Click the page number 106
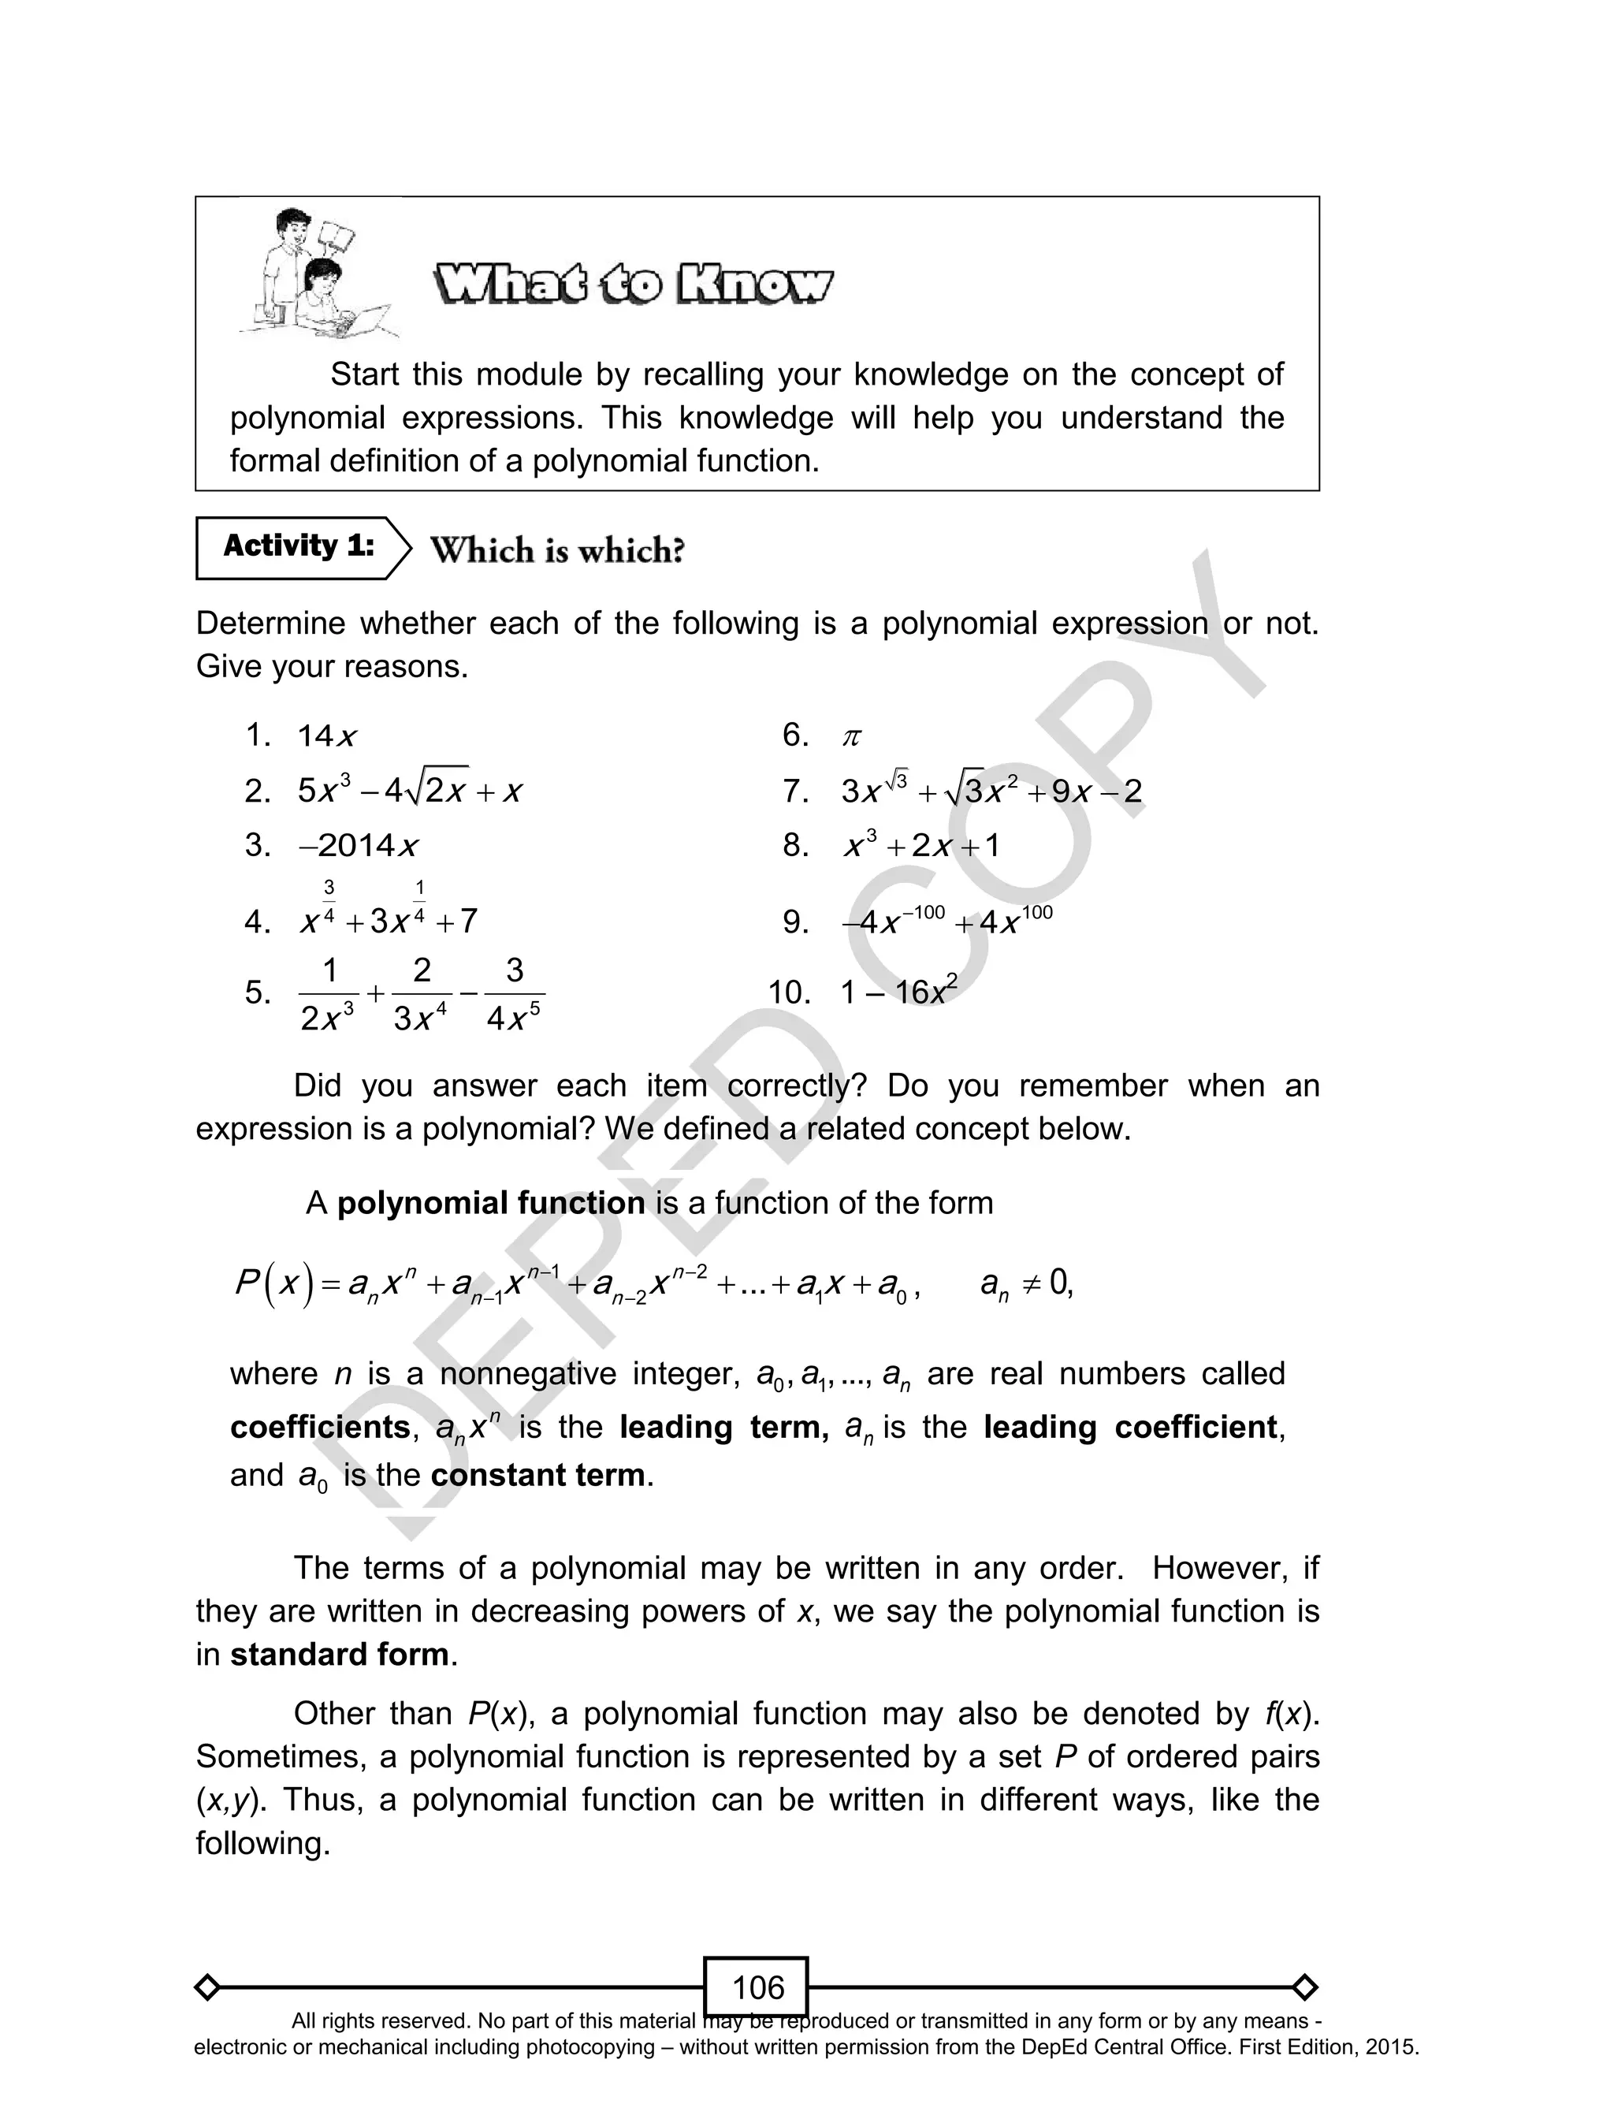[757, 1987]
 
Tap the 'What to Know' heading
[633, 285]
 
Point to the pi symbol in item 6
[851, 737]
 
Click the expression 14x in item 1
[326, 737]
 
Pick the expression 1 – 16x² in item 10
[898, 991]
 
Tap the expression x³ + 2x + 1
[920, 845]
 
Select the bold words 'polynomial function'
[490, 1203]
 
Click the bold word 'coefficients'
[320, 1427]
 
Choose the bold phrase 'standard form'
[339, 1653]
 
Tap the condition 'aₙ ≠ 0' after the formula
[1025, 1283]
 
